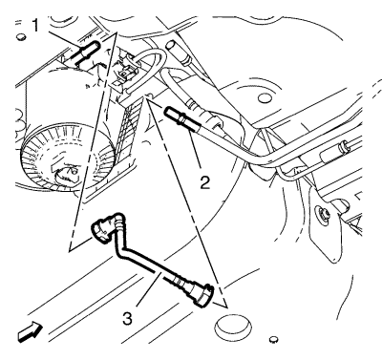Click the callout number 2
(x=204, y=182)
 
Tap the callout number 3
(x=127, y=318)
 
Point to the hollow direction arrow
(x=30, y=332)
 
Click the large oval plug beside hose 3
(x=233, y=327)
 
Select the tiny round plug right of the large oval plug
(x=273, y=339)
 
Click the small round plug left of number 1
(x=21, y=36)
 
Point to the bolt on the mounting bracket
(x=322, y=212)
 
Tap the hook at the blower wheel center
(x=68, y=173)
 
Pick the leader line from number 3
(x=147, y=290)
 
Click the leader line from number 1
(x=61, y=37)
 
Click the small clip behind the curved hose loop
(x=125, y=73)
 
